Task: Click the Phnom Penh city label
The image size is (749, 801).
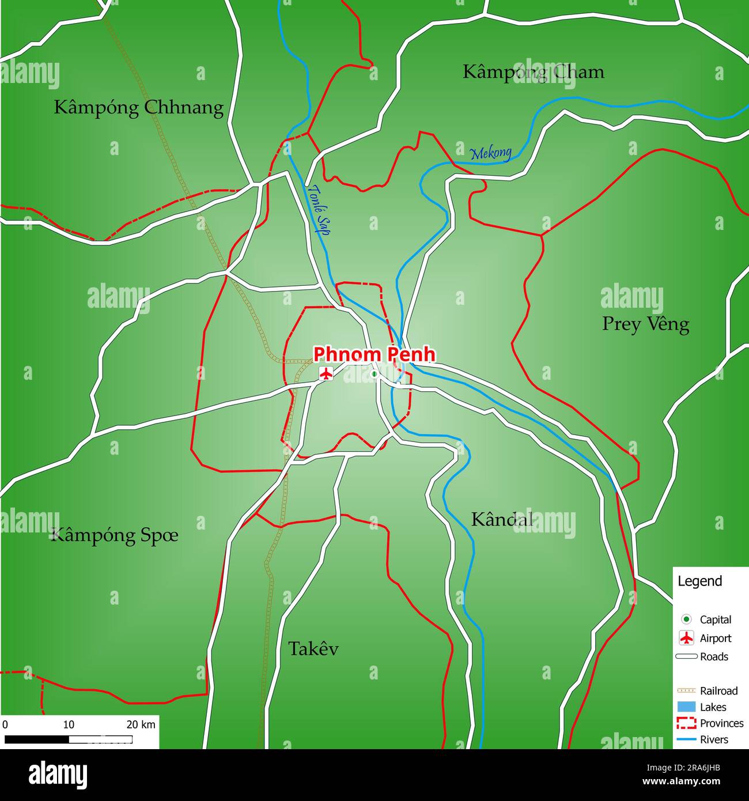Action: point(373,354)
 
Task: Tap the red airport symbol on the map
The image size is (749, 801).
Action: point(326,373)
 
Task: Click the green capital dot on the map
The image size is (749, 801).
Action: point(374,375)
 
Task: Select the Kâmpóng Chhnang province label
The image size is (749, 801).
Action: point(138,108)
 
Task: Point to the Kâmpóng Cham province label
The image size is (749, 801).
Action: point(534,72)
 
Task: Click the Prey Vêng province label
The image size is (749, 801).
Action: point(645,324)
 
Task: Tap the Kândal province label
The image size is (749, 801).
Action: point(502,519)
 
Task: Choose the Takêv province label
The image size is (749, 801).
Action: point(313,649)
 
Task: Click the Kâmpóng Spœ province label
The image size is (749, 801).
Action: point(115,535)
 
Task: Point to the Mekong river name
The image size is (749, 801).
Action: point(491,153)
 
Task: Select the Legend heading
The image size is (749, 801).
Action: point(699,581)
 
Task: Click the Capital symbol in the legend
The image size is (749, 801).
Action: point(686,619)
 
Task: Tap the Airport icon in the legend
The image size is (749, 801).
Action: point(686,638)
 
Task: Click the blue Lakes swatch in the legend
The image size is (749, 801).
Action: point(686,707)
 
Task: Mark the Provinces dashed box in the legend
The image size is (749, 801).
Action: point(686,723)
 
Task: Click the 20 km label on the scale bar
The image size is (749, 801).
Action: point(141,724)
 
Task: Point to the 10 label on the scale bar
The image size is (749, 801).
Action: point(69,724)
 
